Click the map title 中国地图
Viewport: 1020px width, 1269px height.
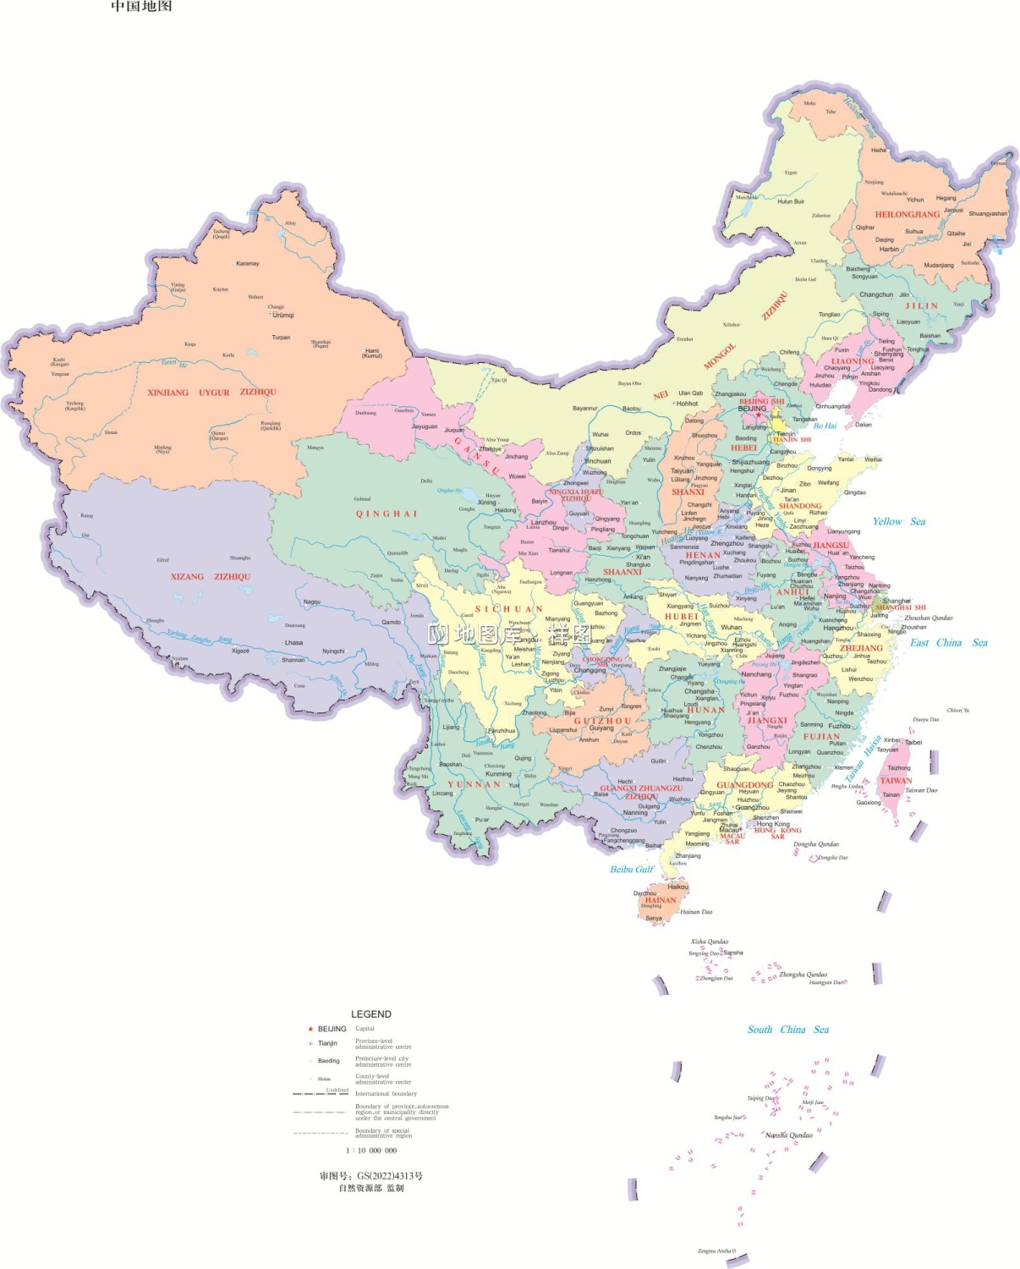141,7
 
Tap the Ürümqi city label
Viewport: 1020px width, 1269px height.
282,315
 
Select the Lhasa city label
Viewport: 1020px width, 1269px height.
293,642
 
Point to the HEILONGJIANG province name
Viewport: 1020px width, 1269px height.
907,215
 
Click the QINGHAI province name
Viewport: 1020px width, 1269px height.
387,514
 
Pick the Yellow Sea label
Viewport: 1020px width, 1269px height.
898,522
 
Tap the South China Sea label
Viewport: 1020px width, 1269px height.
787,1030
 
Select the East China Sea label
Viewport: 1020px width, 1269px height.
948,643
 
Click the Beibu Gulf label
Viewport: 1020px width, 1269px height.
632,869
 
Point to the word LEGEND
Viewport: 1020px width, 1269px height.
371,1014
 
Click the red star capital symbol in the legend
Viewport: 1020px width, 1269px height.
310,1030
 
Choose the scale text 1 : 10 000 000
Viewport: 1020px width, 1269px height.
371,1151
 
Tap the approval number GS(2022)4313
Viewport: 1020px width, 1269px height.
371,1176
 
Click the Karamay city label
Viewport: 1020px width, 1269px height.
248,264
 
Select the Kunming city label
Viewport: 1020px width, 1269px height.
498,773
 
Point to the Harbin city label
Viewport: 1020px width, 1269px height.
889,250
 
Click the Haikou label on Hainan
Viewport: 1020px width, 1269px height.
677,887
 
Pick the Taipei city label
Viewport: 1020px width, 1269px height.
913,743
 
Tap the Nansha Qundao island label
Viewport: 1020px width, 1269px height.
788,1135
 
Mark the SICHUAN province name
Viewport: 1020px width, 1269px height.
508,609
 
